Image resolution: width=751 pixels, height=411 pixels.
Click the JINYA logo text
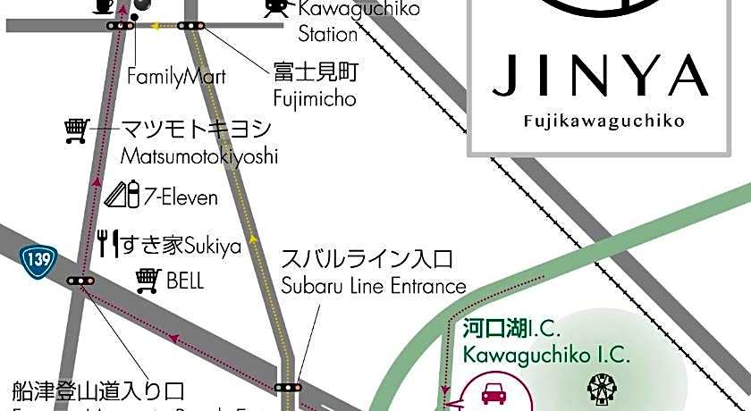(600, 76)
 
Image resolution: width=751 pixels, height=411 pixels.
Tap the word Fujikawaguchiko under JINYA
(600, 120)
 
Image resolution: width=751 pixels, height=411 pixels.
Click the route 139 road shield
(39, 260)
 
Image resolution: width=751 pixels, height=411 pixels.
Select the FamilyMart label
(176, 76)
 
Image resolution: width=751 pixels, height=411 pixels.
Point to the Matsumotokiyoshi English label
(198, 156)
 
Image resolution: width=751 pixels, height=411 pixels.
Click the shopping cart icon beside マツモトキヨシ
(77, 131)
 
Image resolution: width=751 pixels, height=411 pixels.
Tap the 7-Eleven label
(180, 196)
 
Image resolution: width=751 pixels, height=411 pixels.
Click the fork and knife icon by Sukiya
(108, 243)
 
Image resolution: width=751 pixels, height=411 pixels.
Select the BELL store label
(185, 281)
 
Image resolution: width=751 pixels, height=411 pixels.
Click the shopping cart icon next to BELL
(148, 281)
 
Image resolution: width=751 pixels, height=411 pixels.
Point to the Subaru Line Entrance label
(374, 286)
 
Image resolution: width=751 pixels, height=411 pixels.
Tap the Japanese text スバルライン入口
(367, 260)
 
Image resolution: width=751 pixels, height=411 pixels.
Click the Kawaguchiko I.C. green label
(546, 355)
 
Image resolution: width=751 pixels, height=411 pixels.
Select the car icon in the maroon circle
(493, 393)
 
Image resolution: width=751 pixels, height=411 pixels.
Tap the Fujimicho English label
(314, 98)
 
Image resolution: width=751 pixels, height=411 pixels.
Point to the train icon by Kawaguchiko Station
(276, 8)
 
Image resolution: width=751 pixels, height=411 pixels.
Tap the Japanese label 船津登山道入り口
(98, 391)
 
